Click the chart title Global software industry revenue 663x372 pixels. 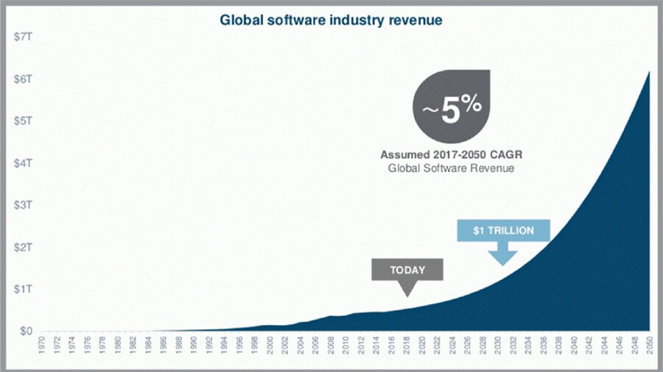(331, 20)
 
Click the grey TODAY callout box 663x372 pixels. (407, 270)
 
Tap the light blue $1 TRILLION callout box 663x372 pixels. (503, 231)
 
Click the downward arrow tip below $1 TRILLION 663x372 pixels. (504, 263)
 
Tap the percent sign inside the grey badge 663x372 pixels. (471, 103)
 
